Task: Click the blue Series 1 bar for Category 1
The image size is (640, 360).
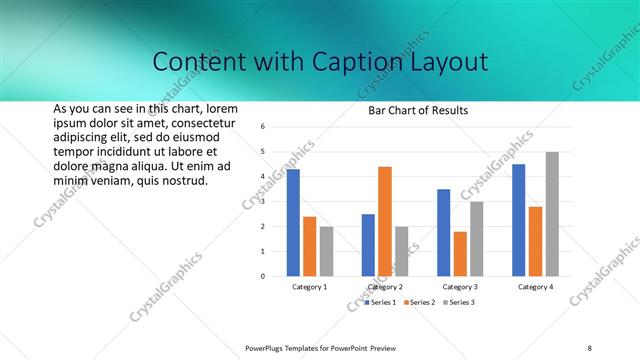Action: [293, 222]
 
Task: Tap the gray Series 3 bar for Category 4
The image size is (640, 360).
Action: [552, 214]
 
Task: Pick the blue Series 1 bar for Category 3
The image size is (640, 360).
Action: [443, 232]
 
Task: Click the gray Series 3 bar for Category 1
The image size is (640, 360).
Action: [326, 251]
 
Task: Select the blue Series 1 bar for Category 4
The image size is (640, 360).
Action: [518, 220]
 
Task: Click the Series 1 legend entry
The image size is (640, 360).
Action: [381, 302]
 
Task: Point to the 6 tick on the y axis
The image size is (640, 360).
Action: [261, 127]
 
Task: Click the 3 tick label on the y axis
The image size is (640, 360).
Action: [261, 201]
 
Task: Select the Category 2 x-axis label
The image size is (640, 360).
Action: [385, 287]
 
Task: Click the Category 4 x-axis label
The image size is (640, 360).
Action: [535, 287]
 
